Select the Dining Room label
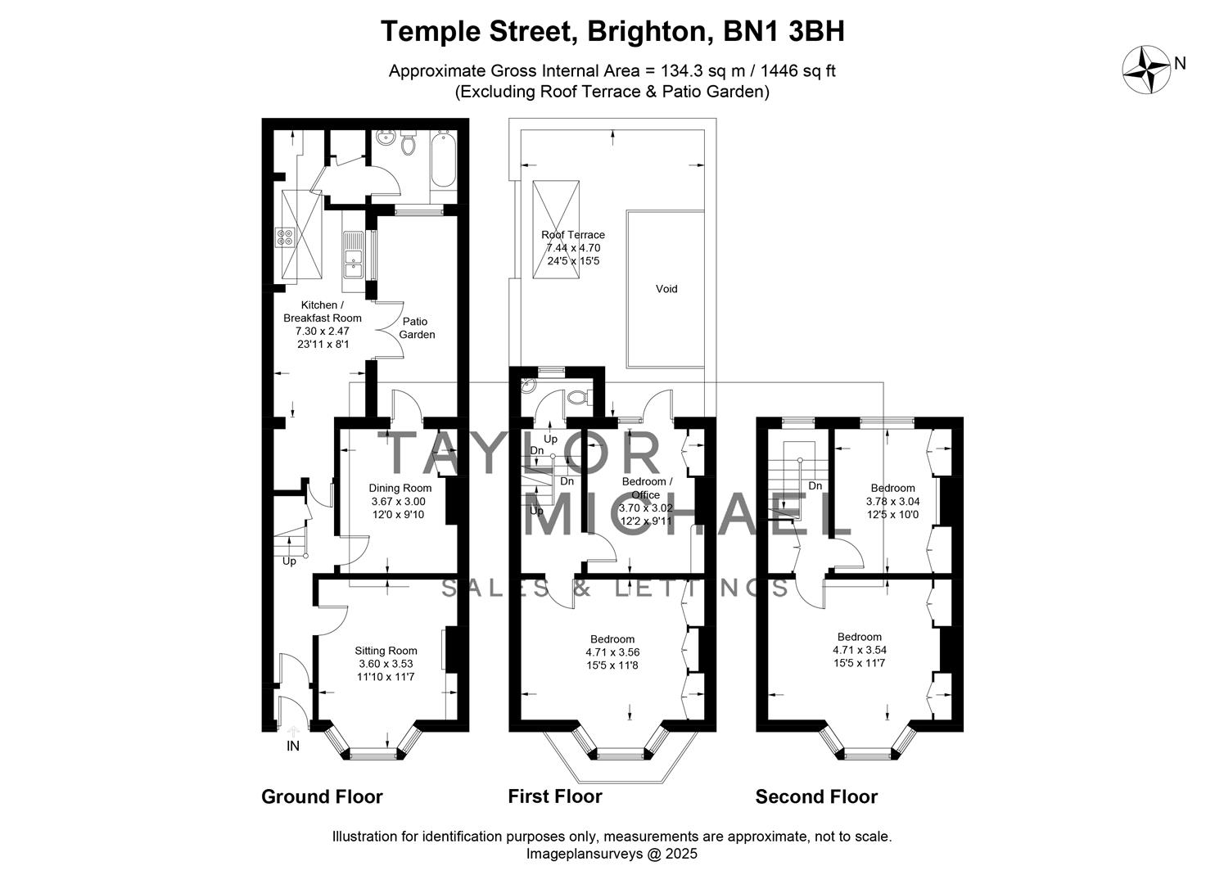point(400,488)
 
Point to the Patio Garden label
point(417,328)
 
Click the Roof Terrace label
point(573,235)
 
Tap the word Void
point(666,289)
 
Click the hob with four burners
point(286,237)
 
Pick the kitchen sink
point(355,255)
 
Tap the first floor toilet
point(578,398)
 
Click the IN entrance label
point(292,746)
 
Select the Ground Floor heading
point(322,796)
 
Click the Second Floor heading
point(815,796)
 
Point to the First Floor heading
point(554,796)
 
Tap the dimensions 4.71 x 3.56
point(612,652)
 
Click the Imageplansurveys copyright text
point(611,854)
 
